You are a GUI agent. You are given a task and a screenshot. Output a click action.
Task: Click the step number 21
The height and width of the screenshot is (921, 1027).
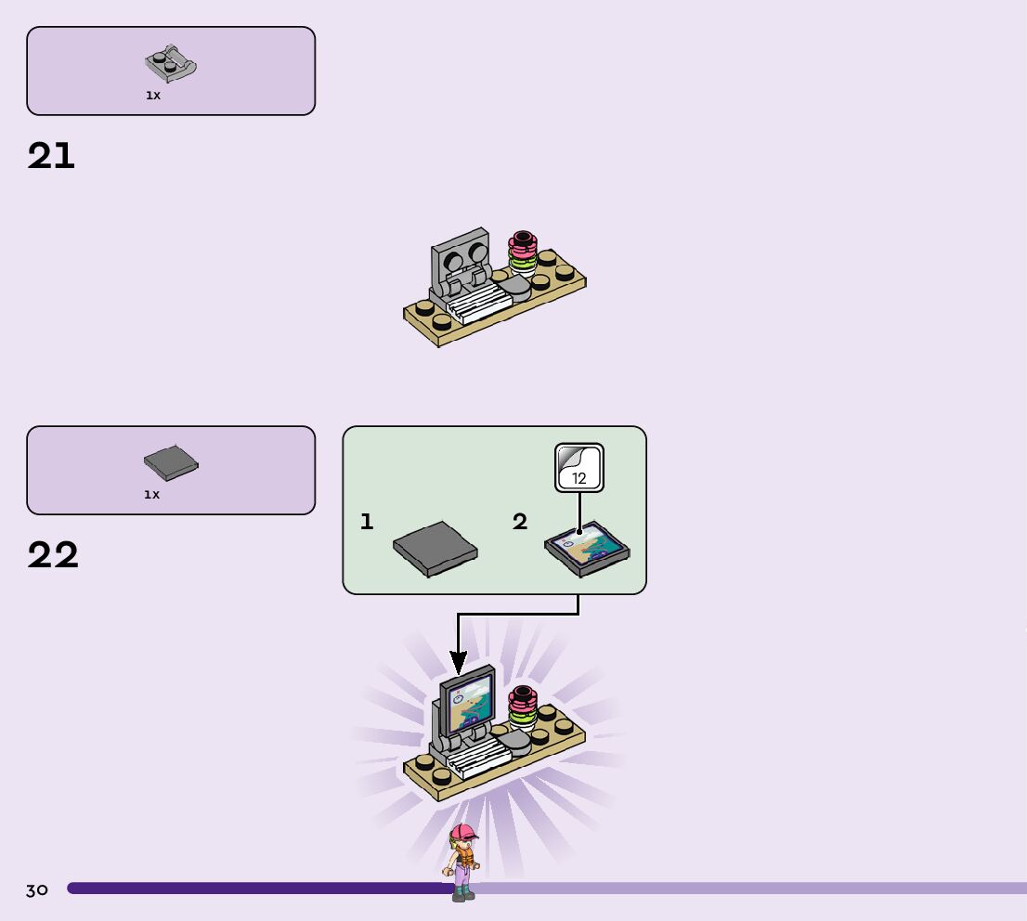pos(51,156)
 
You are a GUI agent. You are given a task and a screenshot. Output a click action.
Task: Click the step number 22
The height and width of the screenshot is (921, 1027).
pos(53,555)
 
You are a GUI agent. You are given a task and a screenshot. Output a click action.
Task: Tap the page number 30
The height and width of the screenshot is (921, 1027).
pos(37,890)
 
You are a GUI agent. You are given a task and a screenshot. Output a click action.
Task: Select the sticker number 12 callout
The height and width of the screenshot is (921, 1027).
pos(579,468)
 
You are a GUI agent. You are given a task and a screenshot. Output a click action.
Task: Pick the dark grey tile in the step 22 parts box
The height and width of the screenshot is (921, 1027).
pos(172,461)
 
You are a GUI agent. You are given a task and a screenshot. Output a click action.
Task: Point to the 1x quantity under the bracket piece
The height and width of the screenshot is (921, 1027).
pos(153,96)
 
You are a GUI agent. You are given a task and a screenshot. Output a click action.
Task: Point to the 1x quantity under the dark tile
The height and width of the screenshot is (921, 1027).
pos(152,495)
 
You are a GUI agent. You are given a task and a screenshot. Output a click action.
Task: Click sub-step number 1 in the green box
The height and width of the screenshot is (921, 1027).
pos(367,522)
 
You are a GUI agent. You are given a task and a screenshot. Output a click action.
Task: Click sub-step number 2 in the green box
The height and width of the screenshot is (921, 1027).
pos(520,522)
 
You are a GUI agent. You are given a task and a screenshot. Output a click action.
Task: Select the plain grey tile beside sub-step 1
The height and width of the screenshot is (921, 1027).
pos(435,551)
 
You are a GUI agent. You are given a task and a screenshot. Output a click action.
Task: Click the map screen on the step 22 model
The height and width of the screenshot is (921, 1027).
pos(471,703)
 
